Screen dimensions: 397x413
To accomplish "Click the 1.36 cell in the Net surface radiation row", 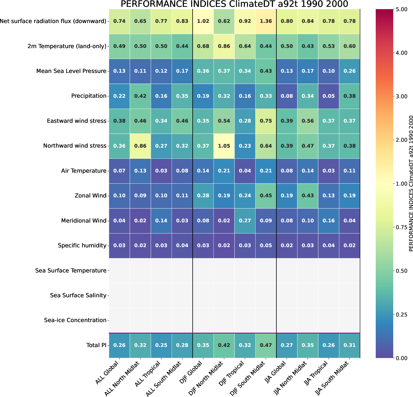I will pyautogui.click(x=266, y=21).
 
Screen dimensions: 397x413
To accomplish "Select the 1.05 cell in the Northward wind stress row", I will pyautogui.click(x=224, y=146).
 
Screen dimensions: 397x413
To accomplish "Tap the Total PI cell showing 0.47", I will pyautogui.click(x=266, y=345).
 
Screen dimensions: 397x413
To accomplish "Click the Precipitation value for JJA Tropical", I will pyautogui.click(x=328, y=96).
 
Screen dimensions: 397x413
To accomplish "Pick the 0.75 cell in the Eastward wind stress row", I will pyautogui.click(x=266, y=121).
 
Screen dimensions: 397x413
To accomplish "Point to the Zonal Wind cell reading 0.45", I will pyautogui.click(x=266, y=196).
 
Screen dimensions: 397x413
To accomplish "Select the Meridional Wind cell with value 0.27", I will pyautogui.click(x=245, y=221).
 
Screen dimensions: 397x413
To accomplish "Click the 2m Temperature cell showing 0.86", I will pyautogui.click(x=224, y=46).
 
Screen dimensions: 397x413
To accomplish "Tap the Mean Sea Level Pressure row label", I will pyautogui.click(x=71, y=71).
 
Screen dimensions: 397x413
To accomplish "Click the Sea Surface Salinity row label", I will pyautogui.click(x=78, y=295).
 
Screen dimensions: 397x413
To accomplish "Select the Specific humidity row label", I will pyautogui.click(x=82, y=246).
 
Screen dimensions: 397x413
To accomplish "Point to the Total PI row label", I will pyautogui.click(x=96, y=345).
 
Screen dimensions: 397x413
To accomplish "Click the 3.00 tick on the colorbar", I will pyautogui.click(x=401, y=96).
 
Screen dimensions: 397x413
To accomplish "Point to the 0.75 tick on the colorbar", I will pyautogui.click(x=401, y=227).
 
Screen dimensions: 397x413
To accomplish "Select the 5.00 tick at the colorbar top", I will pyautogui.click(x=401, y=9).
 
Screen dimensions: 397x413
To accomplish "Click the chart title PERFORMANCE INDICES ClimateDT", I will pyautogui.click(x=234, y=4).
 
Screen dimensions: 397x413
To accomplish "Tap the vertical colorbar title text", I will pyautogui.click(x=411, y=184).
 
